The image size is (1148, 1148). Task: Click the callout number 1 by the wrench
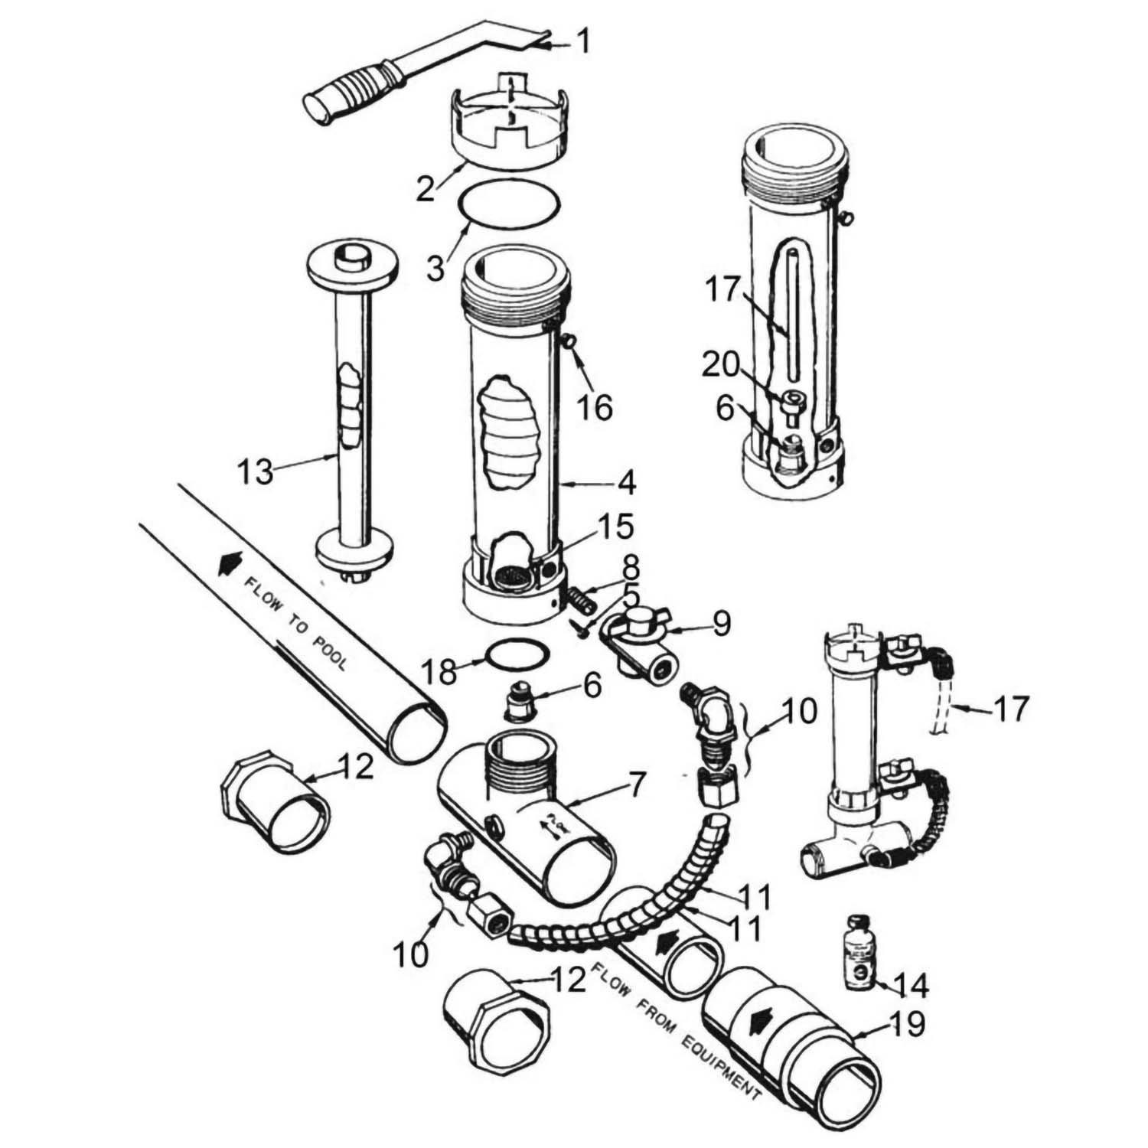point(584,41)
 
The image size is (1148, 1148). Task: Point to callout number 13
point(255,471)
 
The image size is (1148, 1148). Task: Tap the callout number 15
point(617,527)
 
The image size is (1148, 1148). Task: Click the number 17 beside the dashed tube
point(1010,709)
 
